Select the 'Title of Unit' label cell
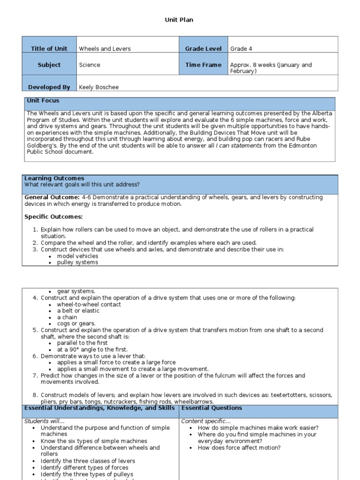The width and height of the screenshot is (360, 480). (49, 49)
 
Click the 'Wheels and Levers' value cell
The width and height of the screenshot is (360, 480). (105, 49)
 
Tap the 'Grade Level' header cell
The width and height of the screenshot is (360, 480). (203, 49)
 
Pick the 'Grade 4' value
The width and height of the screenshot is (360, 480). (241, 49)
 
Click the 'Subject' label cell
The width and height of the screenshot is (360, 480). (49, 65)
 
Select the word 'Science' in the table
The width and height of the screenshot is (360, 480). (90, 65)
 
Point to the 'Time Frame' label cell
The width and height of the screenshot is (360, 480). (203, 65)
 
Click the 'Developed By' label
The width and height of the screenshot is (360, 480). (49, 87)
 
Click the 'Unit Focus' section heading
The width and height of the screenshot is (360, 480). (43, 101)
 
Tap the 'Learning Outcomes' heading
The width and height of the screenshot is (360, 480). (54, 178)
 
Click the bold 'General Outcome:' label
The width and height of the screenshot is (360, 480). (52, 198)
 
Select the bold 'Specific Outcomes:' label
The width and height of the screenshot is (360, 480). (53, 217)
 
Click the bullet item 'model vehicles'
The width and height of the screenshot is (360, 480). (78, 256)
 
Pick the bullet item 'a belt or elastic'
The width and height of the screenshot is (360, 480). (78, 311)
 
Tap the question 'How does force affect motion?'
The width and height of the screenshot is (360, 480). (239, 448)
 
